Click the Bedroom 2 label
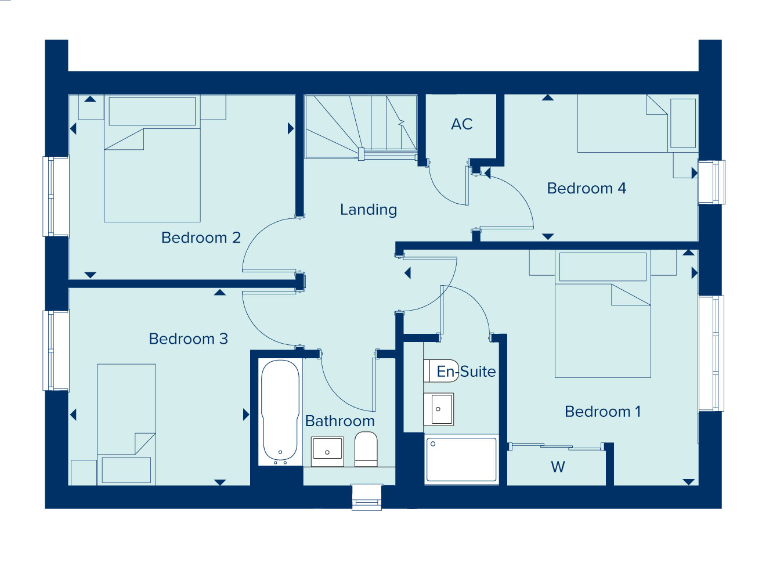click(x=201, y=238)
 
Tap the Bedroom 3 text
click(x=189, y=339)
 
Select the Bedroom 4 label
click(x=587, y=189)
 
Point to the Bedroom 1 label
click(x=602, y=412)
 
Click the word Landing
click(x=369, y=210)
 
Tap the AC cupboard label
click(x=462, y=124)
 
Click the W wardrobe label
click(x=558, y=467)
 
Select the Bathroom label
click(x=340, y=421)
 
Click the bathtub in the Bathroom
click(x=280, y=413)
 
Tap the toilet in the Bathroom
click(x=366, y=449)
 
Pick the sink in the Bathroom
click(x=327, y=452)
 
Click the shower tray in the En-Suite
click(x=461, y=459)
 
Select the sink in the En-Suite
click(x=438, y=409)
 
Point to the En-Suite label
click(x=466, y=372)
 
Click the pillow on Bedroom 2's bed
click(x=152, y=111)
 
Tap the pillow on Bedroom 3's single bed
click(x=127, y=470)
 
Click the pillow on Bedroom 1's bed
click(x=603, y=267)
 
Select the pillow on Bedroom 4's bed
click(x=683, y=123)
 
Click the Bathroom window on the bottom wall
click(x=367, y=497)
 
